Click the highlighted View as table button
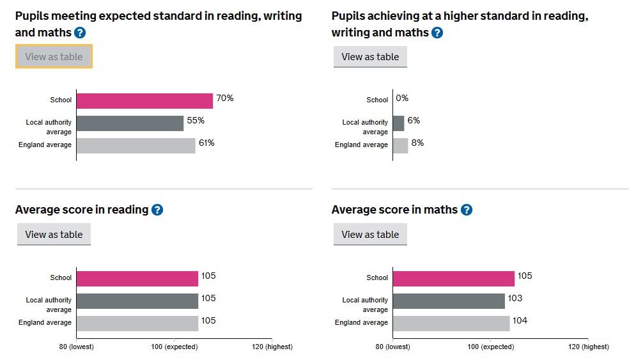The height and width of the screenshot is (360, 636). (54, 56)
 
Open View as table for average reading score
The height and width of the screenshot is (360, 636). (54, 234)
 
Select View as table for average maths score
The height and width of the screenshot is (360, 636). (370, 234)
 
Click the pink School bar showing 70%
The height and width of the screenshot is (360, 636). (144, 100)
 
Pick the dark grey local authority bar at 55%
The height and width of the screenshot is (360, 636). (130, 123)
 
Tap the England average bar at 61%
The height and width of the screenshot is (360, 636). (136, 145)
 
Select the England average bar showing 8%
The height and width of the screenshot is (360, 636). (400, 145)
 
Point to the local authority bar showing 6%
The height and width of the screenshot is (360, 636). (398, 123)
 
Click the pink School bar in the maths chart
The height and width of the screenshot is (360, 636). (453, 278)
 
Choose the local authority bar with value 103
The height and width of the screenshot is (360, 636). (449, 301)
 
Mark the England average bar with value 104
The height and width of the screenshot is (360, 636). (451, 323)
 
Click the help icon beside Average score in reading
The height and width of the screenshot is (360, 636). (157, 210)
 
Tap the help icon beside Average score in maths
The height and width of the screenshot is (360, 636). (467, 210)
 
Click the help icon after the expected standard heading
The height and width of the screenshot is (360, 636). (80, 33)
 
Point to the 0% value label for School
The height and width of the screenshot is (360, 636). (402, 98)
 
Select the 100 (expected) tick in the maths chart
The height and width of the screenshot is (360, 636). (490, 347)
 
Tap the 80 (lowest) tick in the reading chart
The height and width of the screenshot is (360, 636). (76, 347)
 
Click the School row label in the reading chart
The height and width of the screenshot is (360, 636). (61, 278)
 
